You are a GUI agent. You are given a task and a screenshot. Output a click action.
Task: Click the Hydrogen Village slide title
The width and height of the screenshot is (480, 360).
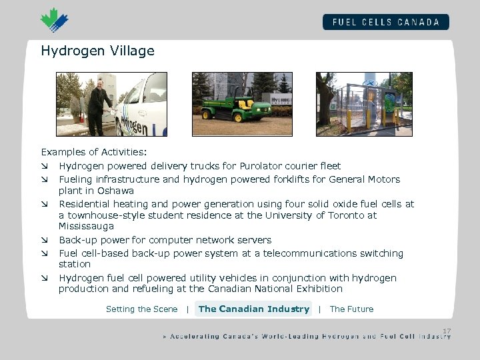pos(97,51)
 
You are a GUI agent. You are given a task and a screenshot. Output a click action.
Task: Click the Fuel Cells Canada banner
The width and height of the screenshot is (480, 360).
pos(386,21)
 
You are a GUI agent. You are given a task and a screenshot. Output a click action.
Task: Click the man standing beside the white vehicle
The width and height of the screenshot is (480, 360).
pos(99,105)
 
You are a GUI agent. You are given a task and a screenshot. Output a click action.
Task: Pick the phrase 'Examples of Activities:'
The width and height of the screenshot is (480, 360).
pos(94,153)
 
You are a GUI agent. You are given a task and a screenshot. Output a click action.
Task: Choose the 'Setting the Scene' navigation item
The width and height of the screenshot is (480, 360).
pos(141,309)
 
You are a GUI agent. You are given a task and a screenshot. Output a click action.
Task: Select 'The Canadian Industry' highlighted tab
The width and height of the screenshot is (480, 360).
pos(253,309)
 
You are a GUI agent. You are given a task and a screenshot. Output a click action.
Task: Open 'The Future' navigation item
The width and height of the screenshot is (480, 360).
pos(351,309)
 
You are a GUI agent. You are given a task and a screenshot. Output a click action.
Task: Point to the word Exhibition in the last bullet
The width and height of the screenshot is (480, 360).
pos(319,289)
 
